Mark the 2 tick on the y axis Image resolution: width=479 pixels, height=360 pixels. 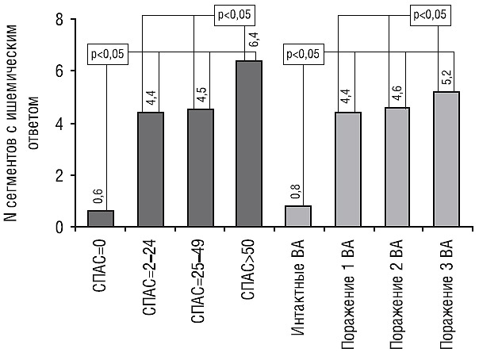click(59, 175)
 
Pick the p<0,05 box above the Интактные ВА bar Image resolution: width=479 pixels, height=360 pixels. click(303, 54)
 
